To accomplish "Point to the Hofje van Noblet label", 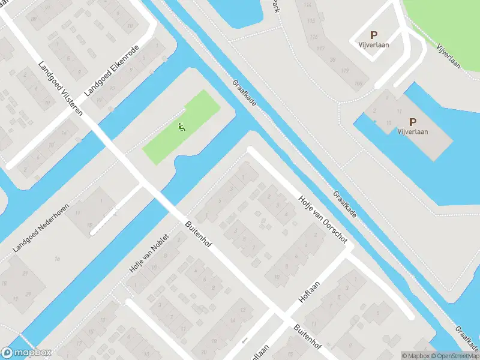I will [x=149, y=254].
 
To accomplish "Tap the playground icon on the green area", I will [x=182, y=127].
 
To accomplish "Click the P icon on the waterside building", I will [x=412, y=121].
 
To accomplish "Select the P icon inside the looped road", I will [x=374, y=35].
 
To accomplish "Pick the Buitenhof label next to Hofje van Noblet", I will [x=199, y=236].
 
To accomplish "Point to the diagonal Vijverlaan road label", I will [x=448, y=56].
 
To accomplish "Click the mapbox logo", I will [x=26, y=353].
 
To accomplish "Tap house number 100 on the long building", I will [x=359, y=83].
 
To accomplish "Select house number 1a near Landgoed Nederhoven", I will [x=57, y=259].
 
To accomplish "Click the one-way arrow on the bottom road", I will [x=244, y=341].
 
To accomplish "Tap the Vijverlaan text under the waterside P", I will [x=412, y=132].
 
